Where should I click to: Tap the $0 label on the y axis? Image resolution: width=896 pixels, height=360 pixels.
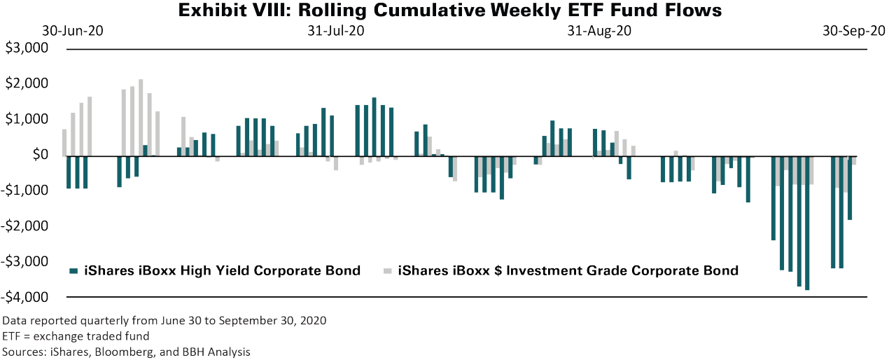(x=37, y=155)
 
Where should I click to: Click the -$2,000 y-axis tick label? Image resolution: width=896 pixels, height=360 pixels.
(x=25, y=226)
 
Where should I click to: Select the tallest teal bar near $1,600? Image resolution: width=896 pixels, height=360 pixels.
(x=374, y=126)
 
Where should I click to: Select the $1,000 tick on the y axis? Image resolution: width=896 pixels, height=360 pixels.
(x=27, y=120)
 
